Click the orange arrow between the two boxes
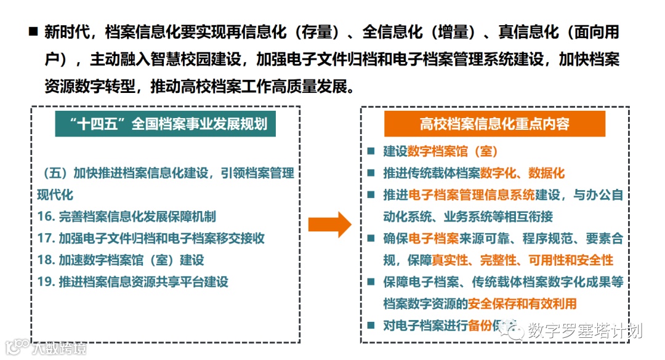(329, 224)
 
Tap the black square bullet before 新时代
(33, 32)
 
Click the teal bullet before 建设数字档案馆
(371, 151)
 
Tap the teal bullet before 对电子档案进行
(371, 326)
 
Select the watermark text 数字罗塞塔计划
(585, 330)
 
